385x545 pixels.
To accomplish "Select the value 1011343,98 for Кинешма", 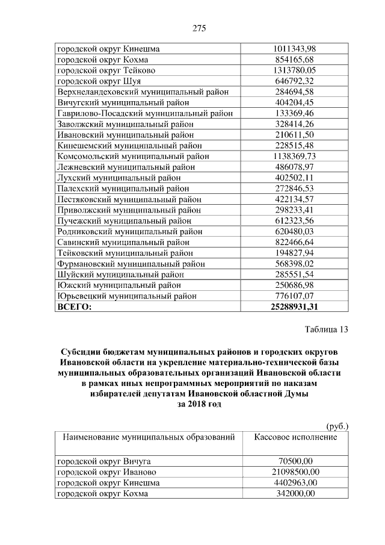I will tap(294, 49).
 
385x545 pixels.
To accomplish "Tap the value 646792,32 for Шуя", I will tap(294, 81).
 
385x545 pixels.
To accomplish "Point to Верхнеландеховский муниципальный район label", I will tap(138, 92).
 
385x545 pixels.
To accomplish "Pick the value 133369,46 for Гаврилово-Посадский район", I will tap(294, 113).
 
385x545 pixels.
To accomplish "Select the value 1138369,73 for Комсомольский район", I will tap(294, 156).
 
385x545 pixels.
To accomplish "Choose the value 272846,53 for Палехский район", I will tap(294, 188).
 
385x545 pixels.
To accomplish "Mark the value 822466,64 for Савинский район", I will tap(294, 242).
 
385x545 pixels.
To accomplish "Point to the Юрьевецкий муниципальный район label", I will tap(127, 296).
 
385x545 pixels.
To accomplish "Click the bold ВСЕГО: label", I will tap(74, 307).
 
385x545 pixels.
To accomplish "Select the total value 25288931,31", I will tap(294, 307).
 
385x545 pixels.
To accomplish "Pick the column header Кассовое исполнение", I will tap(295, 437).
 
